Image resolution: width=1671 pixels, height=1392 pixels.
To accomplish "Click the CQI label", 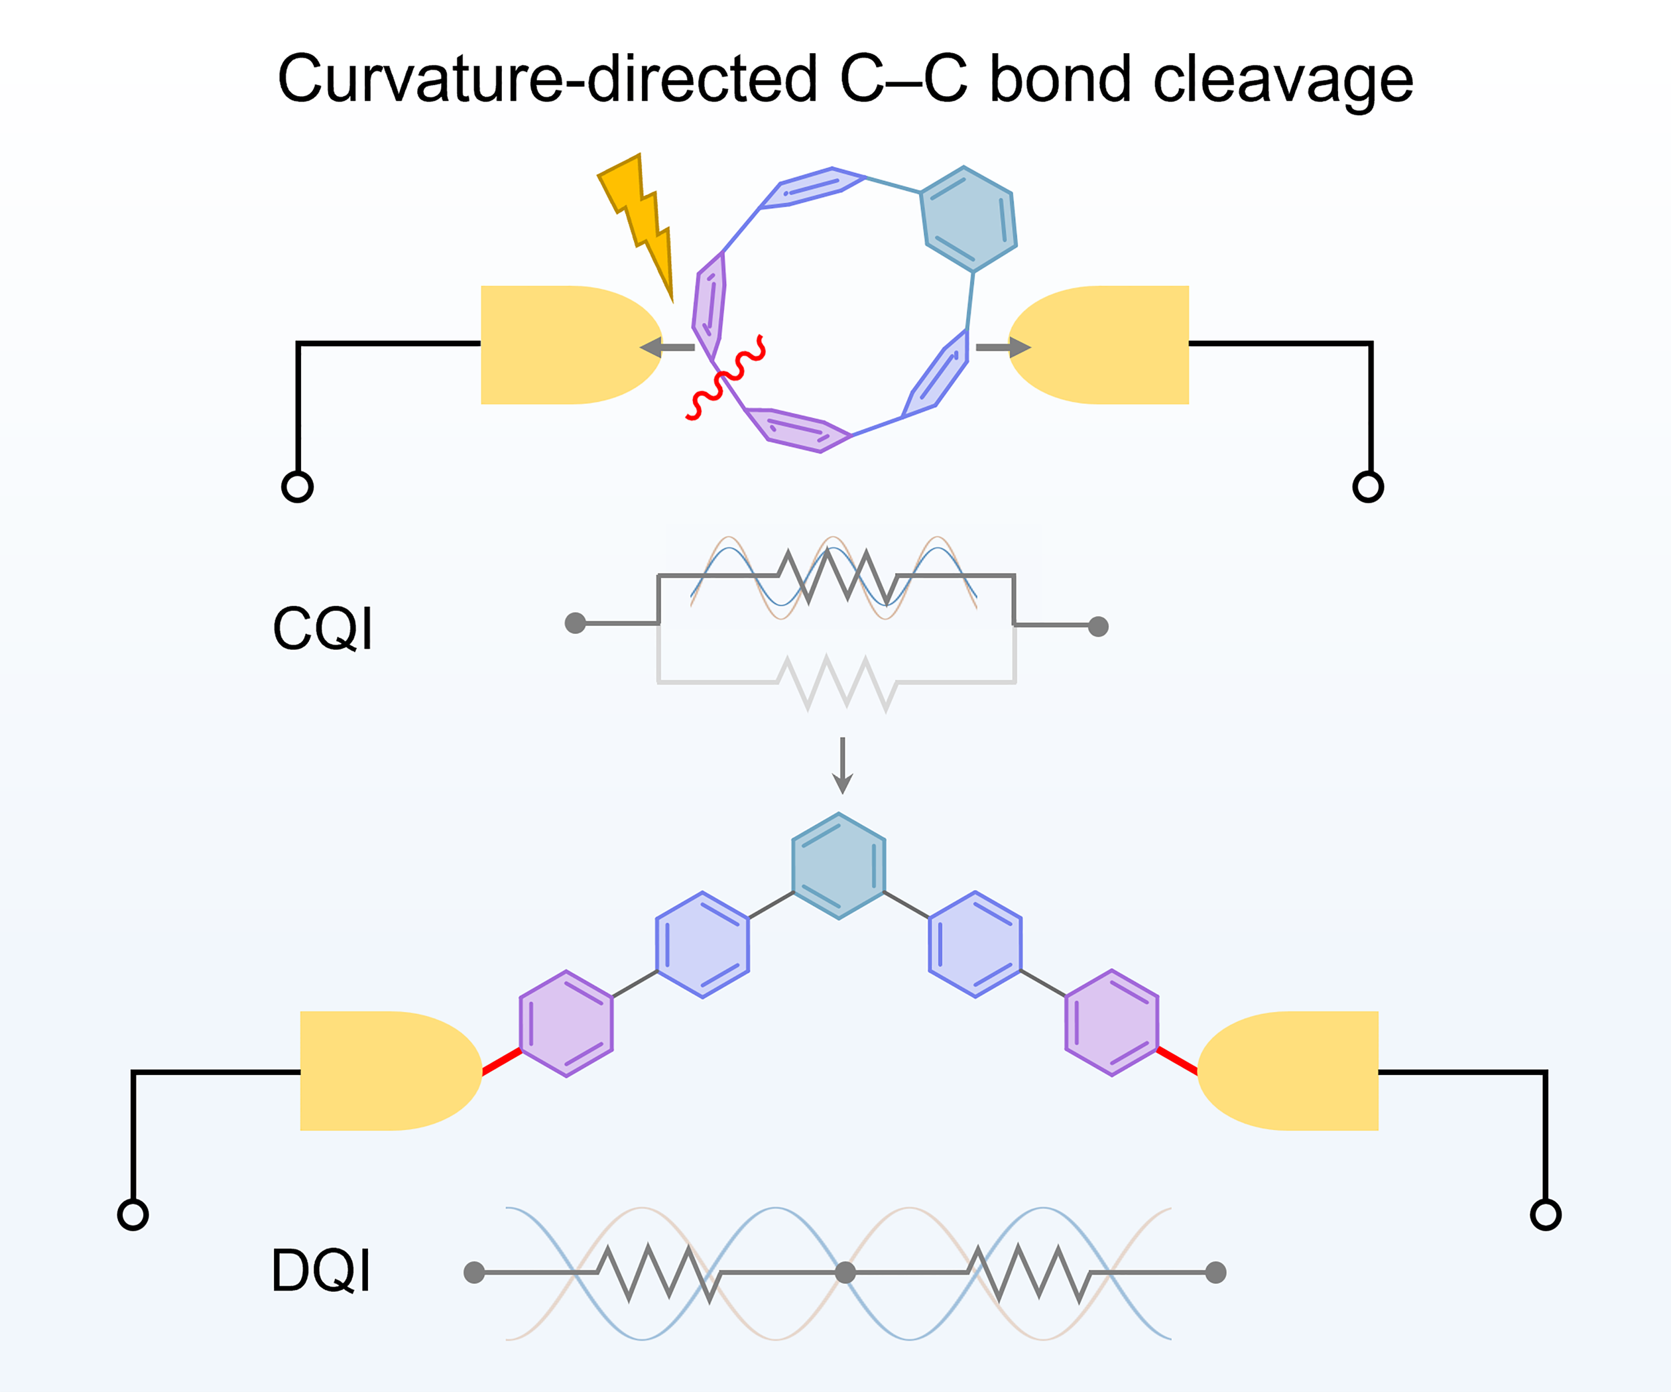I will pyautogui.click(x=322, y=629).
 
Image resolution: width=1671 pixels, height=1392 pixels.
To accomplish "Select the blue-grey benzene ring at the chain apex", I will pyautogui.click(x=839, y=866).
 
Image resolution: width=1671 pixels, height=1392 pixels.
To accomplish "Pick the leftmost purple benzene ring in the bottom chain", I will pyautogui.click(x=566, y=1023).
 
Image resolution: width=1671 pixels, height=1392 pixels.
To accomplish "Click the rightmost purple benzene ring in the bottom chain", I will pyautogui.click(x=1111, y=1023).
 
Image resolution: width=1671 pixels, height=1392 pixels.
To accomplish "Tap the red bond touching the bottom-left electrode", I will pyautogui.click(x=502, y=1062).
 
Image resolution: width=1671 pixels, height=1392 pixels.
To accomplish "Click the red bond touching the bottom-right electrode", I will pyautogui.click(x=1177, y=1061).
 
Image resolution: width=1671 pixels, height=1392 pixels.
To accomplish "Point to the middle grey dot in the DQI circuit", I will pyautogui.click(x=845, y=1273).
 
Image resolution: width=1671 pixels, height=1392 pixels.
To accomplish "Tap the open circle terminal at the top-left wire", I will pyautogui.click(x=298, y=486).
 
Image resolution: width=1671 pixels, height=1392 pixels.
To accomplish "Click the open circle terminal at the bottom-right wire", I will pyautogui.click(x=1545, y=1214).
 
